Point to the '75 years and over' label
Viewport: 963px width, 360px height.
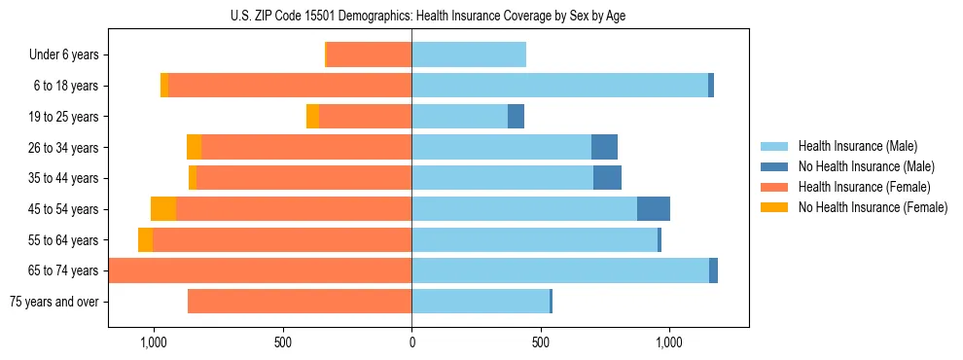(x=53, y=302)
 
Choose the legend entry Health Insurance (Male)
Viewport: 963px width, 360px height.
(x=857, y=146)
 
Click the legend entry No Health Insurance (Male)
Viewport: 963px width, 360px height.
(x=866, y=166)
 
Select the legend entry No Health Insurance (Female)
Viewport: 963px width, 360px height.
(x=873, y=207)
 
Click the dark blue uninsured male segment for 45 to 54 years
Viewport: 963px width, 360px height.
(x=654, y=209)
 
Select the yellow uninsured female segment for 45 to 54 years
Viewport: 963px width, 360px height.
(x=163, y=209)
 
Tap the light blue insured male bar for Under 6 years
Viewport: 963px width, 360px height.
(x=469, y=55)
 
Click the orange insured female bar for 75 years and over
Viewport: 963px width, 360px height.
(x=300, y=302)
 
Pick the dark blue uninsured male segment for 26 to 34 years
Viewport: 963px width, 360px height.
(x=604, y=147)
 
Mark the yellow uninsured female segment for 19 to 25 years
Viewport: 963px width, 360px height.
(x=312, y=117)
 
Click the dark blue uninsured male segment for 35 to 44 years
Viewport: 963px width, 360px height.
(x=607, y=178)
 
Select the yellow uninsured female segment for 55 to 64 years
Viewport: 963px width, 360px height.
(x=145, y=240)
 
